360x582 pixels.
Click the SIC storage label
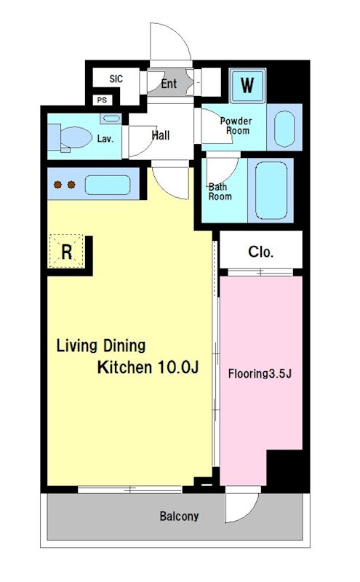point(116,79)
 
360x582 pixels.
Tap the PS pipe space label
point(102,100)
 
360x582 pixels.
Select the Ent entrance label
point(169,84)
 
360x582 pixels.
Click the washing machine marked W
point(247,85)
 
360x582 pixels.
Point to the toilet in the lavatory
point(71,137)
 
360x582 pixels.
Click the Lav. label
point(105,139)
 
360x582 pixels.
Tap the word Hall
point(161,135)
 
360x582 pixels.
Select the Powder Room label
point(236,126)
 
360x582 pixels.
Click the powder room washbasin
point(284,129)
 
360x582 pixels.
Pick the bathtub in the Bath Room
point(271,191)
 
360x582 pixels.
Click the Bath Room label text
point(220,191)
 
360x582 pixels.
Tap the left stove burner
point(57,185)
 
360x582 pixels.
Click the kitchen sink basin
point(108,185)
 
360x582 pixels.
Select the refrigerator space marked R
point(66,252)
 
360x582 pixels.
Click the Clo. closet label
point(260,252)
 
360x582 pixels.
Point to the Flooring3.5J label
point(260,373)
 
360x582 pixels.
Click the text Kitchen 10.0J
point(148,367)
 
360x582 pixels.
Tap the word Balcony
point(179,517)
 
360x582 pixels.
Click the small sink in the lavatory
point(111,119)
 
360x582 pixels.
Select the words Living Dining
point(101,346)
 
